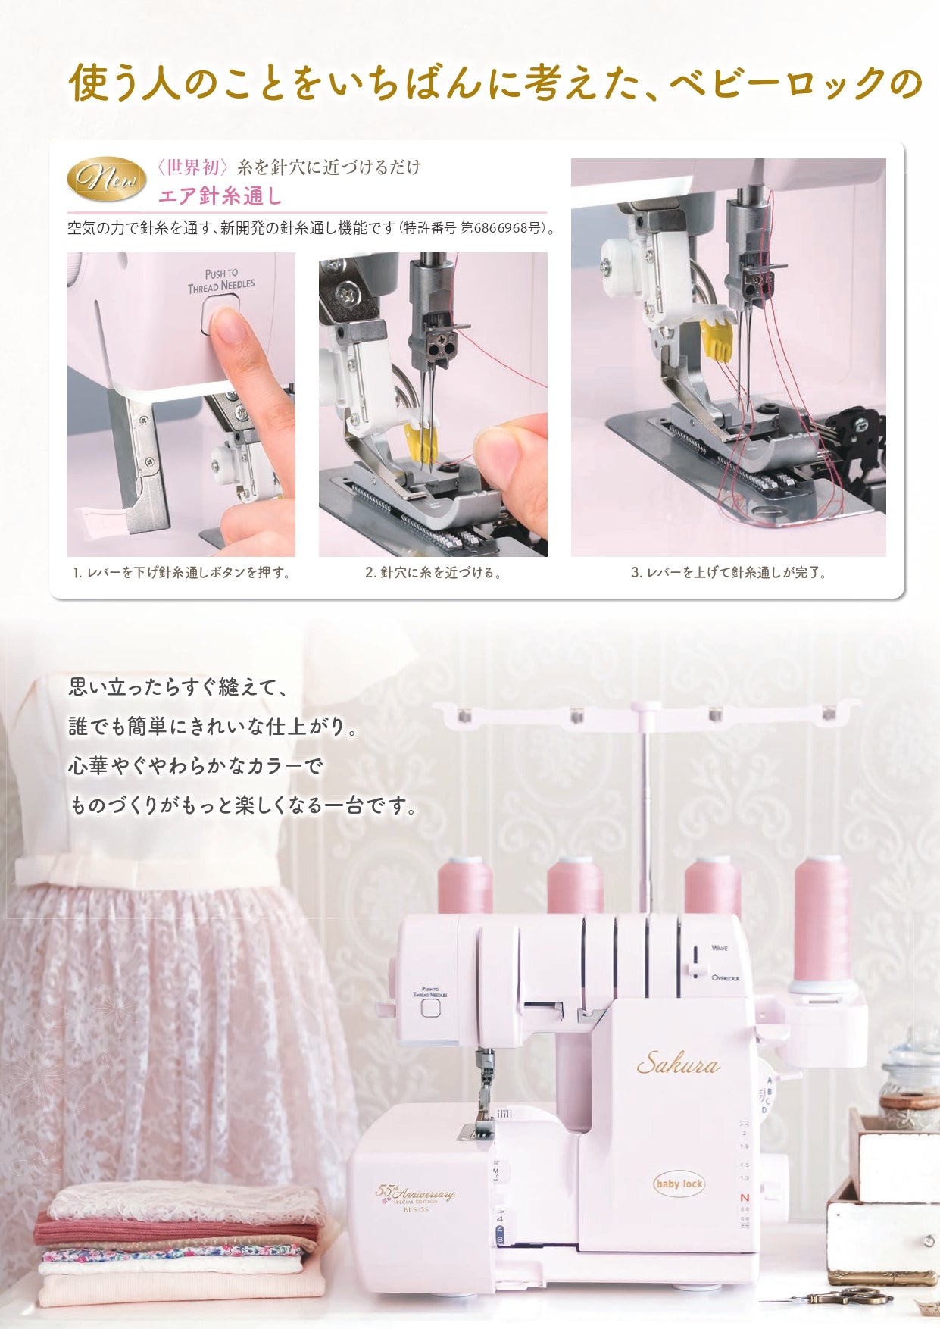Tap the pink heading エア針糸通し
tap(220, 196)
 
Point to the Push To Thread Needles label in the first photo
tap(221, 280)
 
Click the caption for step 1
tap(182, 573)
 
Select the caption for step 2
tap(433, 573)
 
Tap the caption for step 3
tap(729, 573)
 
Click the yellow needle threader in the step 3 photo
tap(716, 338)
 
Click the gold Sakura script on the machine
tap(677, 1065)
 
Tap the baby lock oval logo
tap(679, 1184)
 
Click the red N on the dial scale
tap(744, 1197)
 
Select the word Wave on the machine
tap(720, 948)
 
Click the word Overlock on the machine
tap(725, 978)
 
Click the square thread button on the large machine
tap(430, 1008)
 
